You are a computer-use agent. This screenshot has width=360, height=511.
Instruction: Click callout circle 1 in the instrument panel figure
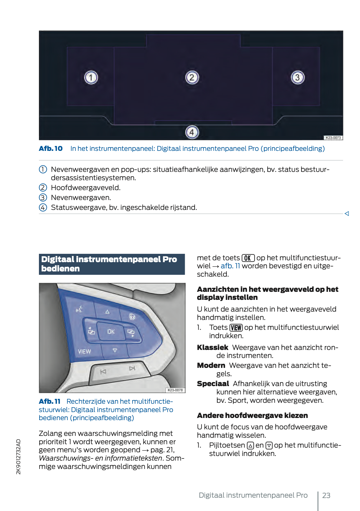[x=91, y=77]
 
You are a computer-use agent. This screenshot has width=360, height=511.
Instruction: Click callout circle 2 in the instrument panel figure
[x=192, y=77]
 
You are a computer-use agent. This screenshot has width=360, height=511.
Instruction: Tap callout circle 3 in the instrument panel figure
[x=298, y=77]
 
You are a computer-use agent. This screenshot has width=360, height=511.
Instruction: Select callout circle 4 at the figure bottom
[x=192, y=132]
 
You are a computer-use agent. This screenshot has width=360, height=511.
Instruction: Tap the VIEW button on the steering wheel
[x=84, y=351]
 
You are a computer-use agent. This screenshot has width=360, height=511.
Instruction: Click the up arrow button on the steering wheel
[x=107, y=312]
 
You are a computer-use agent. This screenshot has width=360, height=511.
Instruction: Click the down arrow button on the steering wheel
[x=115, y=351]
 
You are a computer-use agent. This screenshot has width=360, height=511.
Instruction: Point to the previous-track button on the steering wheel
[x=103, y=372]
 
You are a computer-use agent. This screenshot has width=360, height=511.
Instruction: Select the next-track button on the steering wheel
[x=132, y=368]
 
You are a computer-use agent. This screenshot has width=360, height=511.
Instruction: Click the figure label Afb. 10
[x=51, y=148]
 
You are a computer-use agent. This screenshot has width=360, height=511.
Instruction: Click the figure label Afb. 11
[x=49, y=401]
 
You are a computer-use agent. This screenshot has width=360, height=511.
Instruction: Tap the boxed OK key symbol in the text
[x=248, y=258]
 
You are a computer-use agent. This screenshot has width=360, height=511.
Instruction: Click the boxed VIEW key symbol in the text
[x=236, y=328]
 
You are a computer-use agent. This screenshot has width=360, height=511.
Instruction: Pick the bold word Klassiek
[x=213, y=347]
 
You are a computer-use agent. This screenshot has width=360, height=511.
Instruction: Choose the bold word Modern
[x=211, y=365]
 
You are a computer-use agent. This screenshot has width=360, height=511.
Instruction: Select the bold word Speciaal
[x=213, y=384]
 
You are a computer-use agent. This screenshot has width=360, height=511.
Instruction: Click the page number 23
[x=326, y=495]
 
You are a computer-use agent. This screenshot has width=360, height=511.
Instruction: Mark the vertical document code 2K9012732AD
[x=19, y=456]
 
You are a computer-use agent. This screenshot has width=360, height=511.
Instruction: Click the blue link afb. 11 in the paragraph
[x=230, y=266]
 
